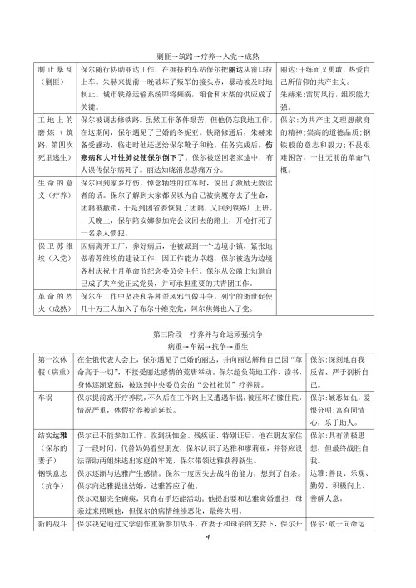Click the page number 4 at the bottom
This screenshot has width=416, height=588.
208,537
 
